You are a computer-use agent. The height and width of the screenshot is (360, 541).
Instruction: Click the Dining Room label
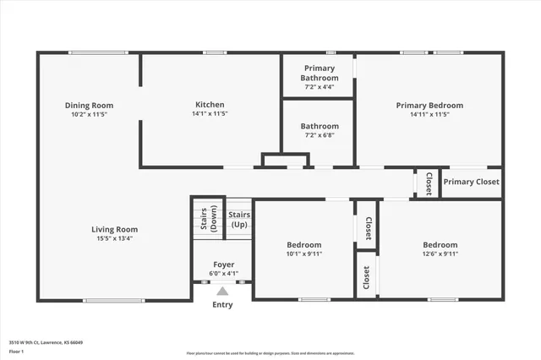pyautogui.click(x=89, y=106)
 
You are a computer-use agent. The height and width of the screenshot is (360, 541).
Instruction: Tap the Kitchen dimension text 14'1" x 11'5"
pyautogui.click(x=210, y=113)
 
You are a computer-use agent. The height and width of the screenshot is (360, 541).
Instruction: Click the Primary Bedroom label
pyautogui.click(x=429, y=106)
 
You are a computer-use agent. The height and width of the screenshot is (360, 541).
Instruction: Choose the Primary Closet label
pyautogui.click(x=472, y=182)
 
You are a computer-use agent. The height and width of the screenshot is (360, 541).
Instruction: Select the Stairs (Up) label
pyautogui.click(x=238, y=221)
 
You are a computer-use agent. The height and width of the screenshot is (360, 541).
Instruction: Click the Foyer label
pyautogui.click(x=223, y=265)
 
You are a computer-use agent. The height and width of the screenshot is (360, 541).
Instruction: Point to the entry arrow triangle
pyautogui.click(x=222, y=291)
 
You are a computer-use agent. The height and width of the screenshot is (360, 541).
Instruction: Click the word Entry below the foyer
pyautogui.click(x=222, y=305)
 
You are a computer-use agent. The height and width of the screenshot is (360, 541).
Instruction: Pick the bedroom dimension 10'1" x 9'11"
pyautogui.click(x=303, y=254)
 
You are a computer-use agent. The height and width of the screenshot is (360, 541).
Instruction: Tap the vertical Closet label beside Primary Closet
pyautogui.click(x=429, y=183)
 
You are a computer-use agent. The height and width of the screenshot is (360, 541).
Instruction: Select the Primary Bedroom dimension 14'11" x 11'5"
pyautogui.click(x=429, y=114)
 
